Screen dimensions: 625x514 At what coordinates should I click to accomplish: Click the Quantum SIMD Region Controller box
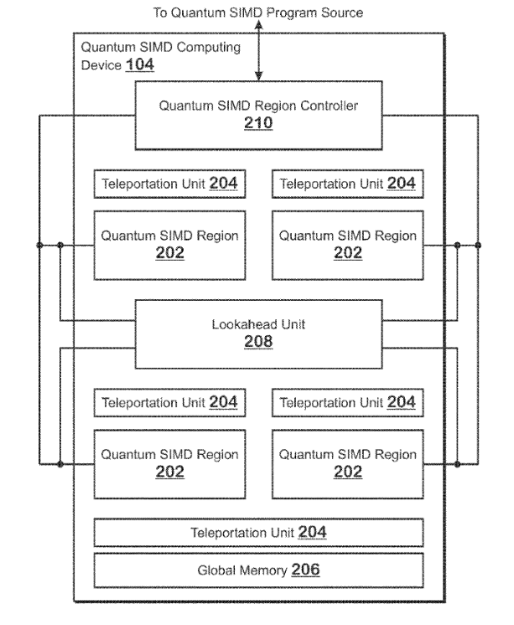click(x=258, y=115)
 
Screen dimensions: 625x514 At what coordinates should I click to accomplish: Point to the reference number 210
click(x=258, y=124)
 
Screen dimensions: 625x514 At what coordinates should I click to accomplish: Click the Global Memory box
click(x=258, y=571)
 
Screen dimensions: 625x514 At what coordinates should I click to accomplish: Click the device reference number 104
click(x=139, y=65)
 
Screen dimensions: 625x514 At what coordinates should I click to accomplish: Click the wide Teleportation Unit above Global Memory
click(x=258, y=532)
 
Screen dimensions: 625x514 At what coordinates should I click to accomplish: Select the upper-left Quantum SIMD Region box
click(x=169, y=245)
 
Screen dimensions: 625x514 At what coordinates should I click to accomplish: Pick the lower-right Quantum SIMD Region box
click(x=347, y=462)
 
